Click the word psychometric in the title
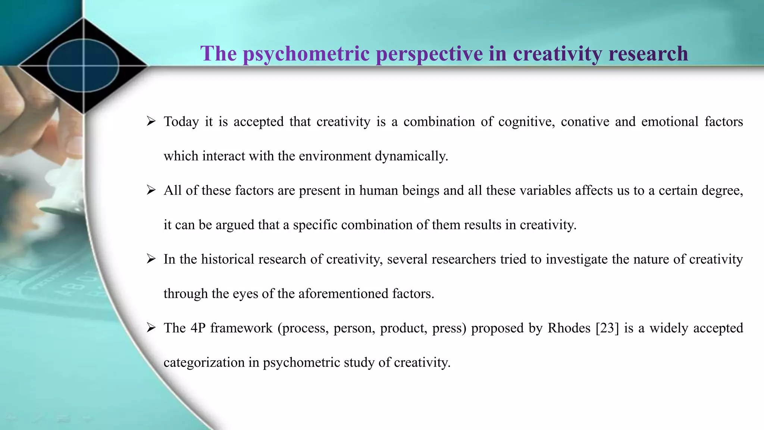306,54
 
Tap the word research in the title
648,54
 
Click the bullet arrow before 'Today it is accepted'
151,121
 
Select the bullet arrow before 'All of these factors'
151,190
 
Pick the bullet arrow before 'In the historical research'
151,259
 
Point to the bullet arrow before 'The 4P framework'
151,328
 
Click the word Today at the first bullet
181,122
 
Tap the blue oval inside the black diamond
83,65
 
